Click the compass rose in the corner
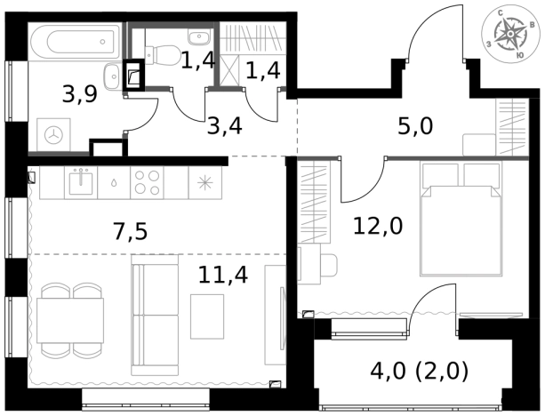click(509, 34)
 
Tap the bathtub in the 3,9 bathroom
click(75, 42)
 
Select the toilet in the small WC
click(162, 54)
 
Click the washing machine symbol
click(54, 135)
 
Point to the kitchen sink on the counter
click(81, 182)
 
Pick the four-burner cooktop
click(147, 183)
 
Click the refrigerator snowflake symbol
click(204, 183)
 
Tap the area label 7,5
click(131, 232)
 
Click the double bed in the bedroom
click(461, 220)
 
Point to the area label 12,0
click(378, 226)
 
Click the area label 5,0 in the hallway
click(415, 126)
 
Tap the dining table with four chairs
click(70, 320)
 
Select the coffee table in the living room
click(207, 316)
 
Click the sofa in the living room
click(155, 315)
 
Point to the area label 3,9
click(80, 94)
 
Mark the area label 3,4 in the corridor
click(225, 126)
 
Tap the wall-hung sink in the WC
click(199, 36)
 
